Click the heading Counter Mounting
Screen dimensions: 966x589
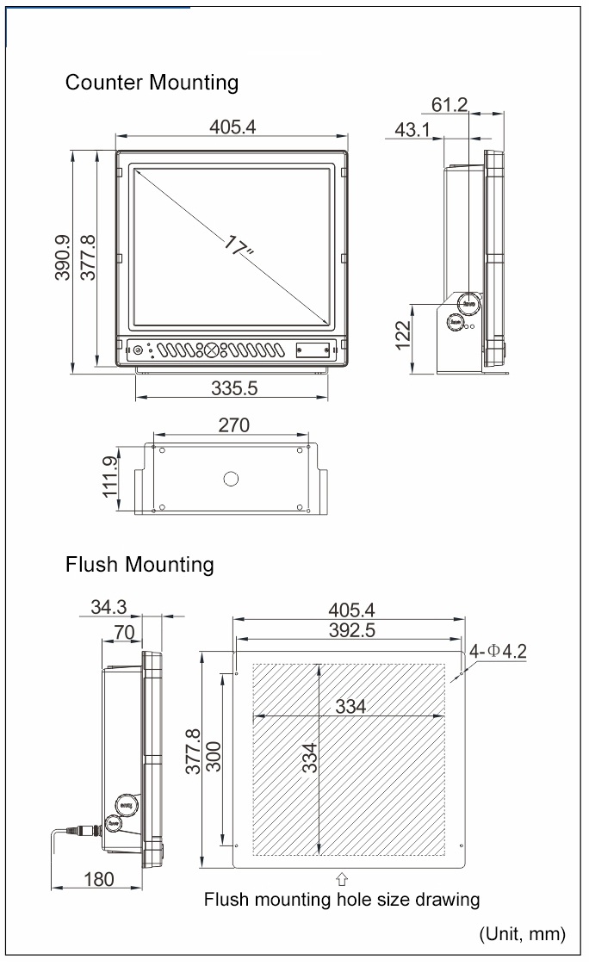click(152, 83)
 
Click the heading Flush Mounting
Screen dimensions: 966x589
click(139, 565)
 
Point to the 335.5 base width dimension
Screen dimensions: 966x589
click(234, 388)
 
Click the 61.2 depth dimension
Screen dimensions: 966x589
click(449, 105)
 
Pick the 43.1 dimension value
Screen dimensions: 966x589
click(413, 129)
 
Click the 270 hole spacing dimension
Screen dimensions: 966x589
click(233, 425)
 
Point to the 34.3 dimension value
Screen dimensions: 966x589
click(108, 607)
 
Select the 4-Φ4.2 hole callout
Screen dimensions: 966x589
click(499, 651)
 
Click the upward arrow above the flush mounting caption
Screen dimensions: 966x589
click(342, 879)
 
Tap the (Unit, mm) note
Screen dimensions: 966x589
click(522, 933)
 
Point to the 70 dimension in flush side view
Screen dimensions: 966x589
click(124, 633)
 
